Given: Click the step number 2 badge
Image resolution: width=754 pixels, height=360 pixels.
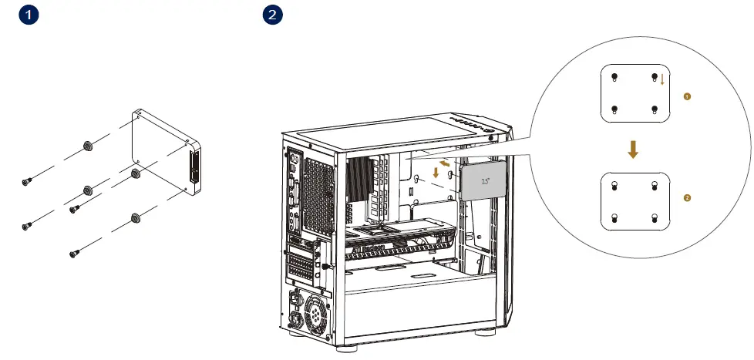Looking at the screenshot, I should click(273, 15).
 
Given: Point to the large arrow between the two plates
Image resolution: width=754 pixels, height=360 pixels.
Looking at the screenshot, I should click(633, 150).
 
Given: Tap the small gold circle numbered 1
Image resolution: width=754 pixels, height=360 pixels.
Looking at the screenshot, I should click(687, 96).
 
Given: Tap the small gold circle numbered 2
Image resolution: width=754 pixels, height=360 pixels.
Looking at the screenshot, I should click(687, 199).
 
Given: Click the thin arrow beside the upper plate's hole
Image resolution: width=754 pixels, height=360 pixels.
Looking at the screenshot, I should click(662, 79).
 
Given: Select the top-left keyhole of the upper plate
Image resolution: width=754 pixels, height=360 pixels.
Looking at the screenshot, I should click(614, 78).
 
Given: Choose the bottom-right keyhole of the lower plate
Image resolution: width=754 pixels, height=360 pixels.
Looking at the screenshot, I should click(654, 217).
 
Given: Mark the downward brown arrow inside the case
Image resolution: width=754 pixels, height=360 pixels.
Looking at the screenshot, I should click(437, 172).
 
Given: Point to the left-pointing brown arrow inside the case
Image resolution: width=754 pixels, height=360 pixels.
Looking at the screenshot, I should click(446, 163).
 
